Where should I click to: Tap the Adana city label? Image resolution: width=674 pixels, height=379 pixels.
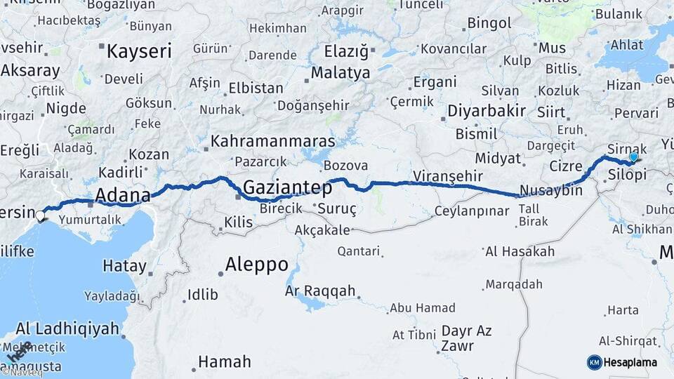[123, 194]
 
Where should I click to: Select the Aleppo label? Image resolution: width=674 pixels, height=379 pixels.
[256, 265]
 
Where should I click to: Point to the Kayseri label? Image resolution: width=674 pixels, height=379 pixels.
[139, 51]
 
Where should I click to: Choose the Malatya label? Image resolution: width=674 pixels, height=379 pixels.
[341, 72]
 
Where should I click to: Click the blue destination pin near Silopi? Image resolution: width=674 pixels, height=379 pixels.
[634, 157]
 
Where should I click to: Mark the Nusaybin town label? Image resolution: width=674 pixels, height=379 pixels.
[551, 191]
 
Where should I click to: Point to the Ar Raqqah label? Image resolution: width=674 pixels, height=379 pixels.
[320, 291]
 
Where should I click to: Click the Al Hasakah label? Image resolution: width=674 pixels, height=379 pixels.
[520, 251]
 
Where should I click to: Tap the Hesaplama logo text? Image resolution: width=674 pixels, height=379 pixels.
[630, 362]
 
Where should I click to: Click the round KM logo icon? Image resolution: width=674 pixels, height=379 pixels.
[595, 362]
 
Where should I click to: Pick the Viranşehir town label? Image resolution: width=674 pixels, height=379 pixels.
[448, 175]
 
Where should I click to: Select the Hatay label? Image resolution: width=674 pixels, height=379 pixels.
[125, 267]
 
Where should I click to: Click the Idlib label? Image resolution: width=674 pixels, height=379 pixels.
[202, 295]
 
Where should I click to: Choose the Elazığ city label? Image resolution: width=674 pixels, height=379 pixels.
[346, 51]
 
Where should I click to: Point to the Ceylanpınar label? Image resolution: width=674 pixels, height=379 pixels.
[472, 211]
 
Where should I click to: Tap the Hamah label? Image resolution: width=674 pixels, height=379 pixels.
[224, 362]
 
